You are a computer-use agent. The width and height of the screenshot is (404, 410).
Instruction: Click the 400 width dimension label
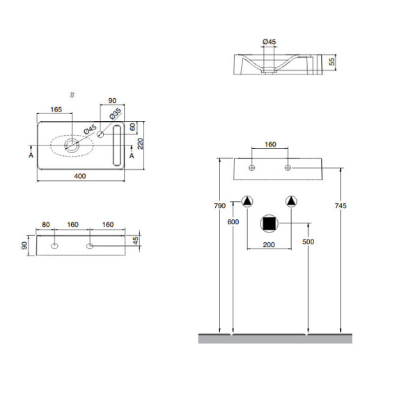click(80, 176)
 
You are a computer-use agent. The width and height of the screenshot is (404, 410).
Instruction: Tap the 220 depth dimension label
click(140, 144)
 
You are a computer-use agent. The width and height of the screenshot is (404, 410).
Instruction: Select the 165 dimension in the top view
click(56, 109)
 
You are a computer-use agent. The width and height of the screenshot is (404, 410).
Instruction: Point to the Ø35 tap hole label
click(115, 113)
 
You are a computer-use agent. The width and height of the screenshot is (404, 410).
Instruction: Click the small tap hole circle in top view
click(100, 134)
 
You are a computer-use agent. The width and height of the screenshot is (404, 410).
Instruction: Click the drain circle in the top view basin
click(72, 145)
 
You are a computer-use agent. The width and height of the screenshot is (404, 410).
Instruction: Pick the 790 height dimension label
click(220, 206)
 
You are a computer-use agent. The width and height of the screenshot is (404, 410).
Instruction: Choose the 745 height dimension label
click(341, 206)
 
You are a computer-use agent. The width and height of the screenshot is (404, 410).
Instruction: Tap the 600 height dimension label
click(233, 222)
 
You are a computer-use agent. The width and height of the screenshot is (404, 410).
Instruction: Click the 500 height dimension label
click(308, 242)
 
